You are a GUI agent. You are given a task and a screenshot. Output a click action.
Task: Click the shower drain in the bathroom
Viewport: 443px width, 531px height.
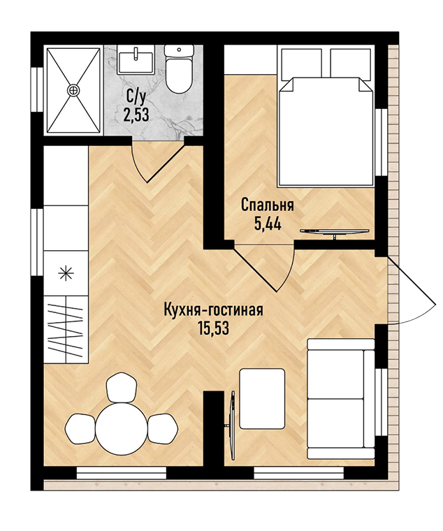pyautogui.click(x=73, y=90)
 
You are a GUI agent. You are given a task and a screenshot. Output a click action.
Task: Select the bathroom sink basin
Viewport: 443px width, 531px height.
pyautogui.click(x=135, y=59)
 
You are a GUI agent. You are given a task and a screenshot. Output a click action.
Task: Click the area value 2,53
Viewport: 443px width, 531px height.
pyautogui.click(x=136, y=115)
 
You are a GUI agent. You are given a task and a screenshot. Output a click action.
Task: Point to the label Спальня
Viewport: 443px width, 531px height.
pyautogui.click(x=267, y=205)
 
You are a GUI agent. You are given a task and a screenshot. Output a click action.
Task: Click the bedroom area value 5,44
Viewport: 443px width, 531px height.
pyautogui.click(x=268, y=224)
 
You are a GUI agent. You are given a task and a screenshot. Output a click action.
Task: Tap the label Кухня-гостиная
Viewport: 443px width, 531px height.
pyautogui.click(x=213, y=310)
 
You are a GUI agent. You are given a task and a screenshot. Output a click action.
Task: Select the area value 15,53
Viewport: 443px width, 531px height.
pyautogui.click(x=214, y=328)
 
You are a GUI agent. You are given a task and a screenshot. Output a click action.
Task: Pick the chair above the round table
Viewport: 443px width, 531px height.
pyautogui.click(x=122, y=387)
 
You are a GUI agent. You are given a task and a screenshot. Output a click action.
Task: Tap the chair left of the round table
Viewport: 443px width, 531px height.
pyautogui.click(x=81, y=428)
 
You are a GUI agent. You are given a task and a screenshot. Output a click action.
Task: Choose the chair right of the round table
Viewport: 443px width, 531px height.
pyautogui.click(x=163, y=428)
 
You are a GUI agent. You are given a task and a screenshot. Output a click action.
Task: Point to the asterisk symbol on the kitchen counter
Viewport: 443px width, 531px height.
pyautogui.click(x=66, y=273)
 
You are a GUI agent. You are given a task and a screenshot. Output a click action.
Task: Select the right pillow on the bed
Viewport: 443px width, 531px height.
pyautogui.click(x=350, y=64)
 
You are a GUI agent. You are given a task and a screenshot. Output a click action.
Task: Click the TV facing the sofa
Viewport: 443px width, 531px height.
pyautogui.click(x=232, y=424)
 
